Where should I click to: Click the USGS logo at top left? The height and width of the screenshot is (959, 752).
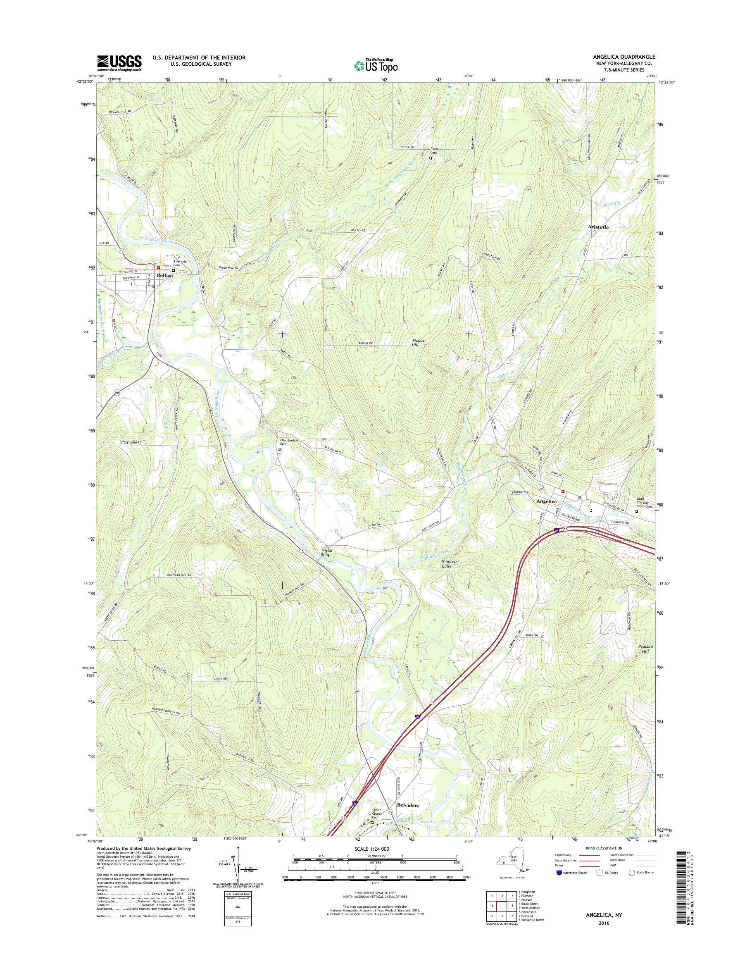(x=119, y=63)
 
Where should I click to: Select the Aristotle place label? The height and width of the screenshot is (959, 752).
(x=598, y=227)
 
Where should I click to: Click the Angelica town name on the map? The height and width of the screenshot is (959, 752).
(x=546, y=502)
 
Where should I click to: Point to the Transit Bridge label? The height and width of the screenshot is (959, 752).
(x=326, y=553)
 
